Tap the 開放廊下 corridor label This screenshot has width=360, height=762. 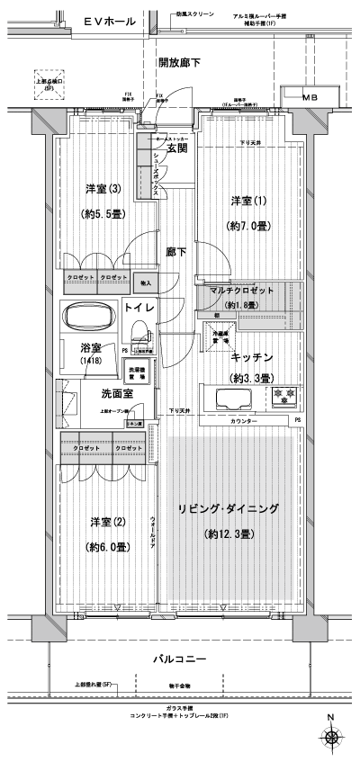(x=178, y=62)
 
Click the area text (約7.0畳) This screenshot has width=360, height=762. (x=247, y=226)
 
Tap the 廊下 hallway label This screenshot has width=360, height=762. (x=175, y=253)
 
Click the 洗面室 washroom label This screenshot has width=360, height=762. (x=117, y=394)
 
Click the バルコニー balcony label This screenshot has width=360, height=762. (x=178, y=659)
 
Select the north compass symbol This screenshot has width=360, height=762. (x=334, y=737)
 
